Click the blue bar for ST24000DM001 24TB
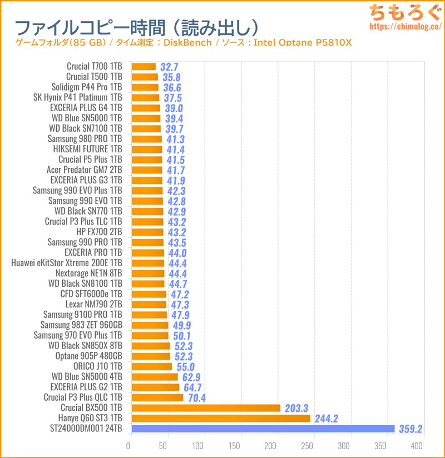point(263,429)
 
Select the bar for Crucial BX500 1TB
point(206,408)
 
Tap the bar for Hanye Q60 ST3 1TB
point(220,418)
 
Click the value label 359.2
point(412,429)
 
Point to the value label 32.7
point(169,67)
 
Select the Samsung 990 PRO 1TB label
point(85,242)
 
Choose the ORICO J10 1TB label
point(97,366)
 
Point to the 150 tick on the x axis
point(236,446)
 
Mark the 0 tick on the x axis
point(128,446)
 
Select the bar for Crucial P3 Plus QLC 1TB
point(157,397)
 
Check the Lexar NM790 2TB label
point(92,304)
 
